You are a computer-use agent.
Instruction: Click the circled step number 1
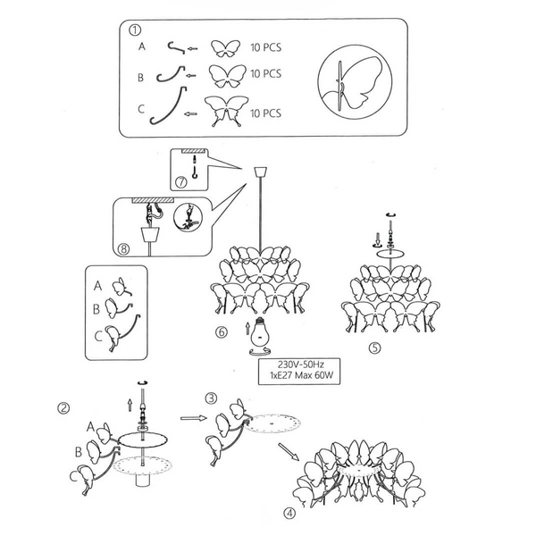coord(135,30)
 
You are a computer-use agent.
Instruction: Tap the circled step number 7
coord(181,181)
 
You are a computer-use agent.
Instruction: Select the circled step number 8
coord(124,248)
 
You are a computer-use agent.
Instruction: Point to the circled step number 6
coord(222,331)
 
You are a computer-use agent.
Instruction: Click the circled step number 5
coord(375,348)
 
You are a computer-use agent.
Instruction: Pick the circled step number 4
coord(289,513)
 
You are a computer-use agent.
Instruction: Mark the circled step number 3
coord(211,398)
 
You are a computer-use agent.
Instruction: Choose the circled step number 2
coord(63,408)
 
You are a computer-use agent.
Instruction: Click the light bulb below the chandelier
coord(260,332)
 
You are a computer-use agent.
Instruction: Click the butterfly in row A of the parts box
coord(225,48)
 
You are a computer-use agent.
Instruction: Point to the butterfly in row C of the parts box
coord(226,111)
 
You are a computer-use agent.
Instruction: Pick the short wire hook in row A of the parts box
coord(176,47)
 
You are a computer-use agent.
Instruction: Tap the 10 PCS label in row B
coord(266,73)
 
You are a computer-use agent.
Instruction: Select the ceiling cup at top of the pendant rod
coord(261,172)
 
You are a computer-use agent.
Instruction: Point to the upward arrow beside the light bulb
coord(247,328)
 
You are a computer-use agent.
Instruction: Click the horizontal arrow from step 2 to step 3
coord(194,418)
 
